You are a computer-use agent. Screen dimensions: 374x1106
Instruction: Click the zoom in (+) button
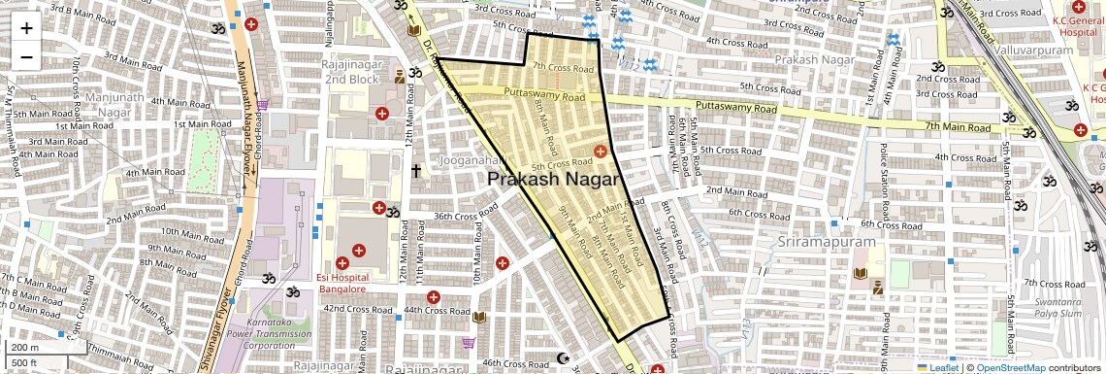click(x=26, y=27)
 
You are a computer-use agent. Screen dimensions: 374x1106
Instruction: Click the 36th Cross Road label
click(x=457, y=217)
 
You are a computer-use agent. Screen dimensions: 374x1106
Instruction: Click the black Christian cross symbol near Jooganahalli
click(x=416, y=172)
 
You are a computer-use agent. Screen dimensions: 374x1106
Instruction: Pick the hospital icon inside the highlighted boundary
click(x=601, y=151)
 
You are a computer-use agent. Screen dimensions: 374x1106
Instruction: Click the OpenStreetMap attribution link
click(x=1011, y=367)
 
